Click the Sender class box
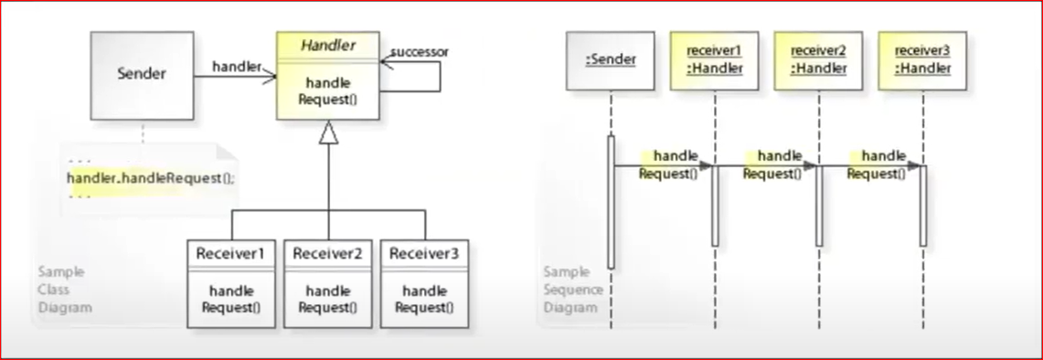click(x=142, y=74)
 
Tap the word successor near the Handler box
click(x=419, y=52)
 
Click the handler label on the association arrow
click(x=236, y=67)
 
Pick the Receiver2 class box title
click(x=327, y=253)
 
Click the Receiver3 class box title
click(x=424, y=253)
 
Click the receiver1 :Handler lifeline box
click(x=714, y=60)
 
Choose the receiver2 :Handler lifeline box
click(x=818, y=60)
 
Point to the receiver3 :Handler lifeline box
click(x=922, y=60)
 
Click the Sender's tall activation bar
click(x=611, y=201)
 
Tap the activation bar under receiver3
click(x=923, y=206)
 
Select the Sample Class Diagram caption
click(x=65, y=290)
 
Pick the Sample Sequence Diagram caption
click(x=573, y=290)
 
